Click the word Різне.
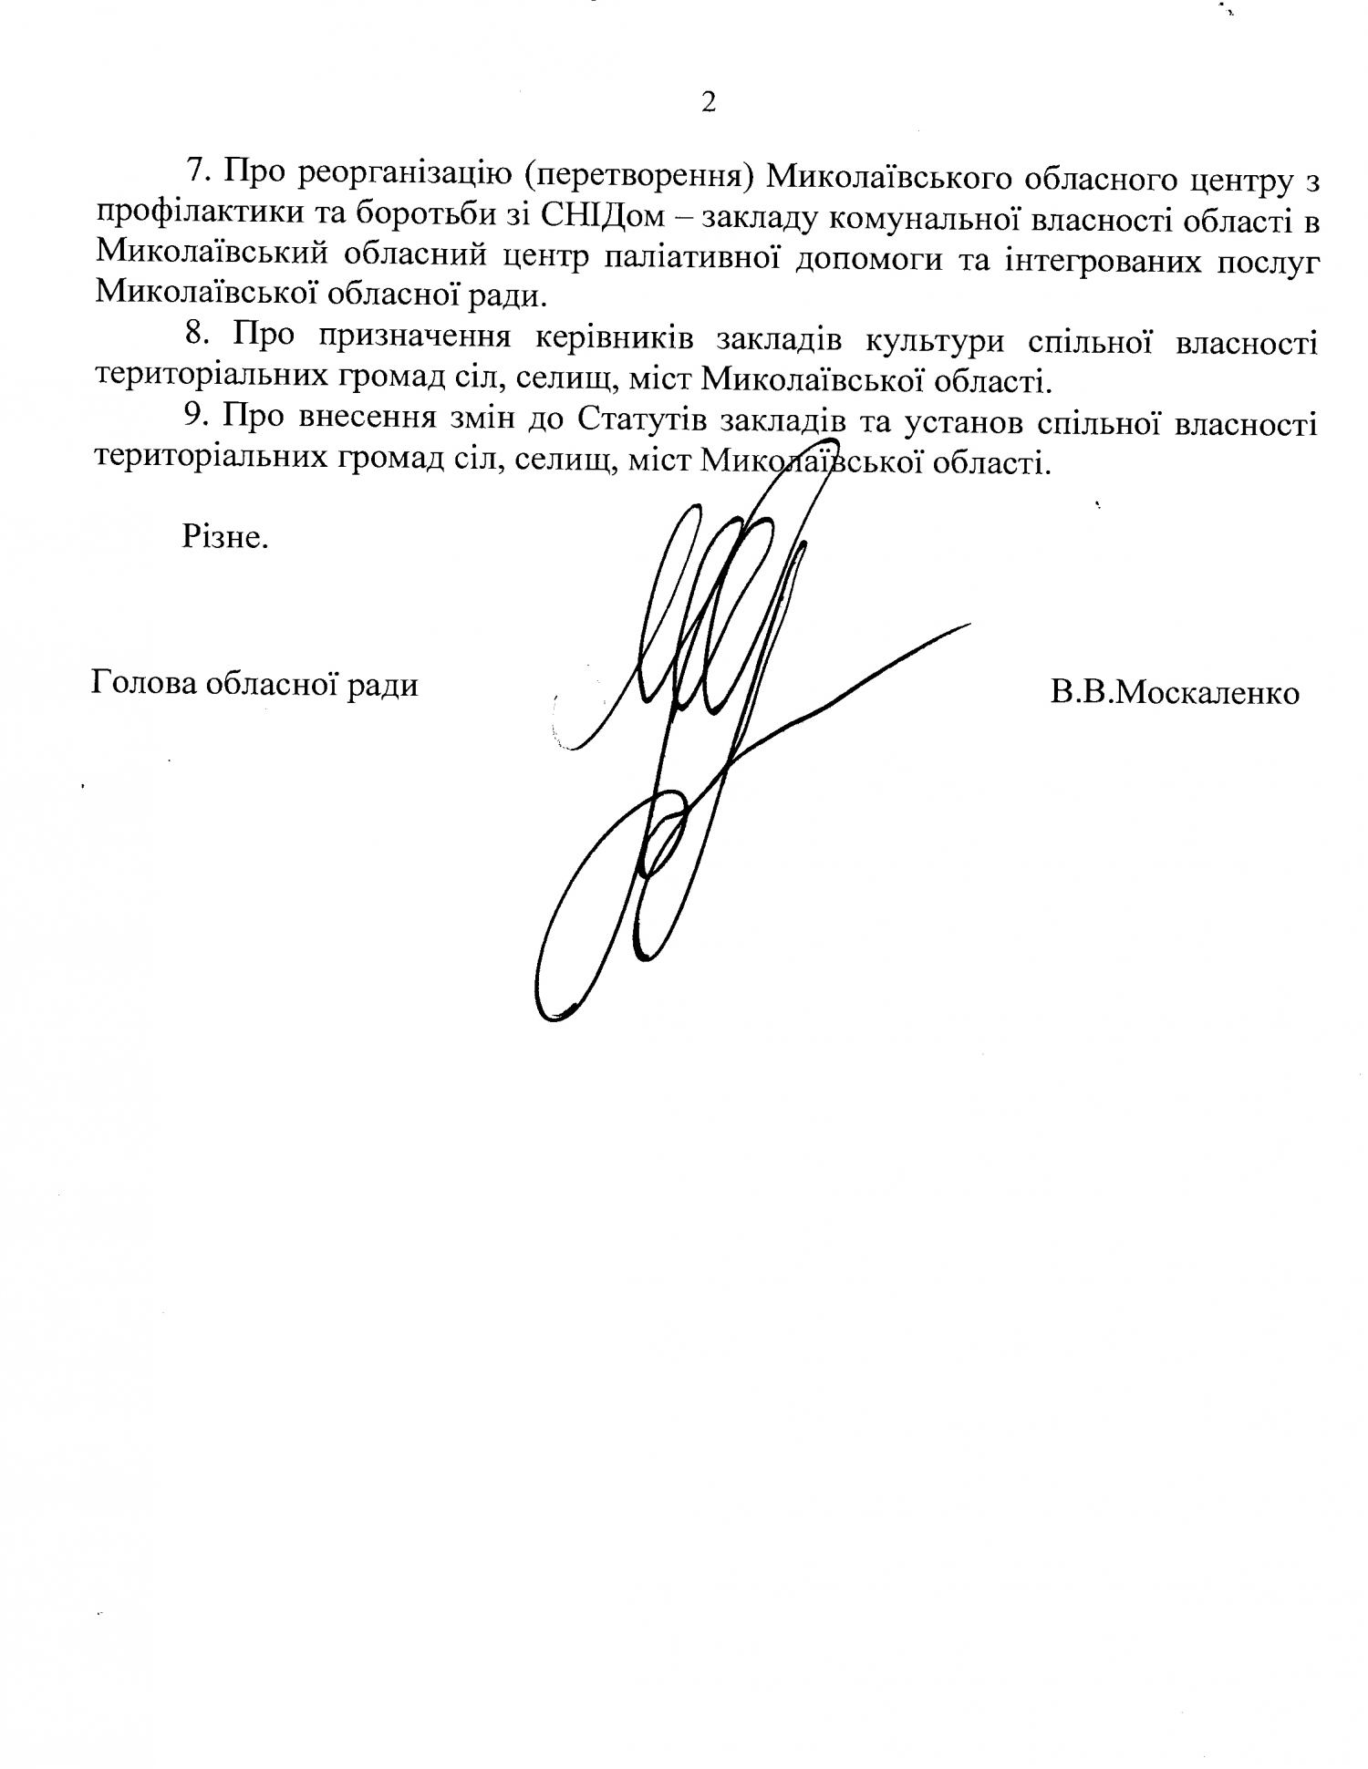225,538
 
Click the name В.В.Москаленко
1175,693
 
